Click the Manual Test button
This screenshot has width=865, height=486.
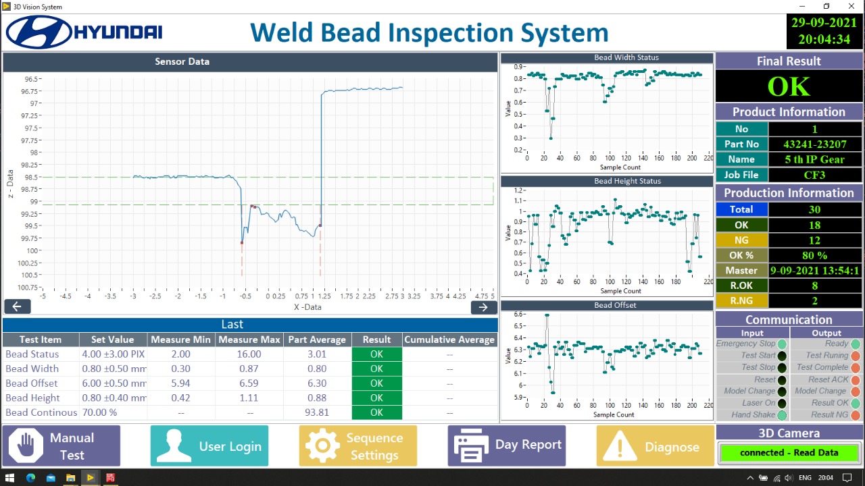pyautogui.click(x=61, y=446)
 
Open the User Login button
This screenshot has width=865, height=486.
pyautogui.click(x=209, y=446)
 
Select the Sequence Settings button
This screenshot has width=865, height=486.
pyautogui.click(x=358, y=446)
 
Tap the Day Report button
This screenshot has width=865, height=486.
pyautogui.click(x=507, y=446)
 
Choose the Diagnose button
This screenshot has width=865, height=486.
pyautogui.click(x=655, y=446)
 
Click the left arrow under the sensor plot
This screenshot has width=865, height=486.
pyautogui.click(x=17, y=306)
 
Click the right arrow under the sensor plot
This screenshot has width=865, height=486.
pyautogui.click(x=483, y=306)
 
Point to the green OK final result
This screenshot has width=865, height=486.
pyautogui.click(x=789, y=86)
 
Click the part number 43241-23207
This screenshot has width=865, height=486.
pyautogui.click(x=814, y=144)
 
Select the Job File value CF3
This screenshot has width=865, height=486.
pyautogui.click(x=814, y=175)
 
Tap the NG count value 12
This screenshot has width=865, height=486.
pyautogui.click(x=814, y=240)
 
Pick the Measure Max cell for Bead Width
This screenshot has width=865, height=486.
pyautogui.click(x=249, y=369)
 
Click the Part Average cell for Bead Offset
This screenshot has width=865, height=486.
pyautogui.click(x=317, y=383)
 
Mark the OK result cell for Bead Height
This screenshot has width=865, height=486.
pyautogui.click(x=376, y=398)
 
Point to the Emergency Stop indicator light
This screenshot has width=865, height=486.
pyautogui.click(x=782, y=344)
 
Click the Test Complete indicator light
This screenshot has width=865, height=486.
pyautogui.click(x=856, y=368)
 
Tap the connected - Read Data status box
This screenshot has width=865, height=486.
pyautogui.click(x=789, y=452)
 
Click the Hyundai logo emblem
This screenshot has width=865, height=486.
pyautogui.click(x=39, y=32)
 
